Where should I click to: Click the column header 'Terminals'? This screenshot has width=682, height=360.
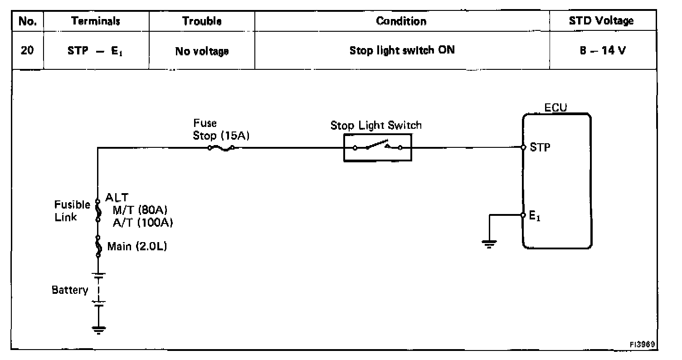tap(95, 21)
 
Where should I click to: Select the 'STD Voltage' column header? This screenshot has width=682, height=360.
tap(601, 21)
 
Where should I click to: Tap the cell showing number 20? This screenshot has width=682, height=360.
tap(27, 50)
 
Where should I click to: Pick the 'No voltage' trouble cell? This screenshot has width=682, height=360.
tap(202, 51)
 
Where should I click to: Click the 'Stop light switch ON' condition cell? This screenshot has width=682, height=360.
tap(402, 50)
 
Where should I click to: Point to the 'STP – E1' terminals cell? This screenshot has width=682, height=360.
tap(95, 51)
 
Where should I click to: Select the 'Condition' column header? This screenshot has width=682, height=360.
tap(401, 21)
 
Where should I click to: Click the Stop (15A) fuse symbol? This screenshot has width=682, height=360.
tap(221, 148)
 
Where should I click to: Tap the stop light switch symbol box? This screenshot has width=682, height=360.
tap(378, 148)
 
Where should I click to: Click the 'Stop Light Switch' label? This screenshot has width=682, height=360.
tap(376, 126)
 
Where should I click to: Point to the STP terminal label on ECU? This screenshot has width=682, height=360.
tap(540, 147)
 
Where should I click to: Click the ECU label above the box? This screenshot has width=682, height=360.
tap(555, 108)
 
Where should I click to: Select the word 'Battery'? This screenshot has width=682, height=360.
tap(70, 290)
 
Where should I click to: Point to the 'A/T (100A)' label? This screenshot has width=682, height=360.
tap(143, 223)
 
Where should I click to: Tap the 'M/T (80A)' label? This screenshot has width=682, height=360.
tap(140, 210)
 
